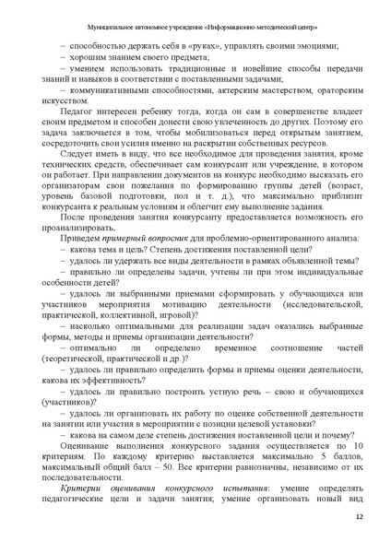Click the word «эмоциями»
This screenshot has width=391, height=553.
click(320, 44)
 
